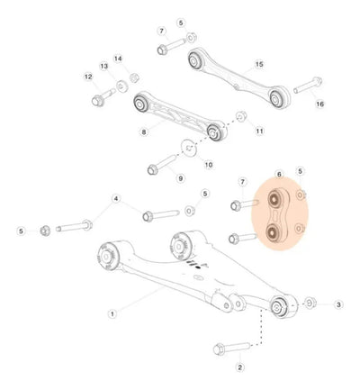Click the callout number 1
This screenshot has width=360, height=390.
[x=112, y=314]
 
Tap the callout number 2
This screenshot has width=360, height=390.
[x=239, y=367]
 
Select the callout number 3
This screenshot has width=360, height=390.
[x=338, y=304]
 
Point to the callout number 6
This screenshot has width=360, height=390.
[x=279, y=174]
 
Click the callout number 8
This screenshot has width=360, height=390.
[x=144, y=132]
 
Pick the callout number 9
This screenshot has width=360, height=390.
[x=180, y=178]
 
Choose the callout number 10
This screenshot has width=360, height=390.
[x=209, y=165]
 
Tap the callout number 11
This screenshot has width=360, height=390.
[x=259, y=131]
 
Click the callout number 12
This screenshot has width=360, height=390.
[x=88, y=77]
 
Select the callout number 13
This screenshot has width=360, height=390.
[x=104, y=66]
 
